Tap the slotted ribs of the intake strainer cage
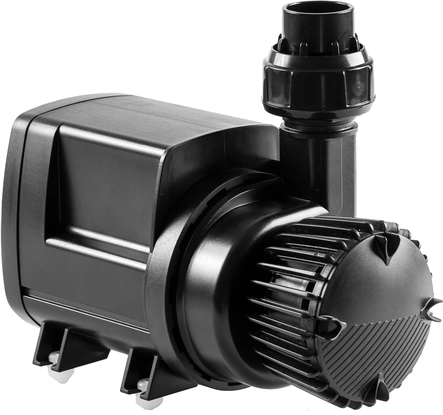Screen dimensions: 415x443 tap(284, 281)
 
